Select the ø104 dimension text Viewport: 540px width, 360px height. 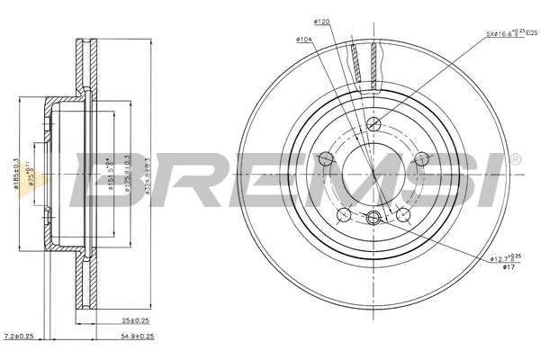(303, 40)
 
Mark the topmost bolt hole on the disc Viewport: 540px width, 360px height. (374, 124)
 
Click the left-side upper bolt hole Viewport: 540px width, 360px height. (327, 159)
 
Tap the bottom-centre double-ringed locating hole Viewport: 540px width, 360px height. (374, 216)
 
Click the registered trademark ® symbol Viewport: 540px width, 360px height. (515, 159)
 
